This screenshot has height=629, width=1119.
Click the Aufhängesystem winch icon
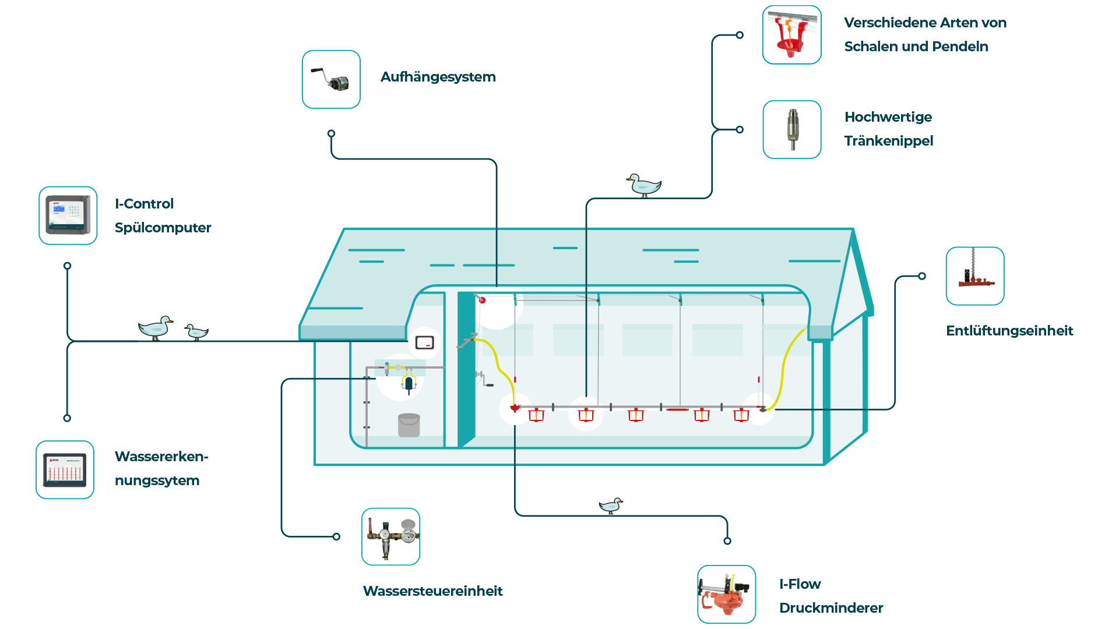pos(331,79)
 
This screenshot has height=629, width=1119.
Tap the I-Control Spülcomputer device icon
pos(68,215)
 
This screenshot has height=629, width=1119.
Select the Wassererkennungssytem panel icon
pos(65,469)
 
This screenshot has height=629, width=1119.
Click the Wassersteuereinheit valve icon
pos(390,536)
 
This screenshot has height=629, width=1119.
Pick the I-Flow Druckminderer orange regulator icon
pos(727,594)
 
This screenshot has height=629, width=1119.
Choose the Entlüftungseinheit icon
pos(975,276)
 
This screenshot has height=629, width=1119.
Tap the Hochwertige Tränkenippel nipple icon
pos(792,129)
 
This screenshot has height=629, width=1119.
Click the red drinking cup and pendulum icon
pos(792,35)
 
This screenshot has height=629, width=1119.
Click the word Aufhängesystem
pos(438,77)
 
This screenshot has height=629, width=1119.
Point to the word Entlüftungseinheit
pos(1009,331)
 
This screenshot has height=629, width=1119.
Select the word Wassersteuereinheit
pos(433,591)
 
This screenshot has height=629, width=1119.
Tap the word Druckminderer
pos(831,608)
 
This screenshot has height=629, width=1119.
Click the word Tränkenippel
pos(889,142)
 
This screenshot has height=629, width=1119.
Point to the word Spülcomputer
pos(163,228)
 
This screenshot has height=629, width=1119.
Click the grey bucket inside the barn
pos(409,425)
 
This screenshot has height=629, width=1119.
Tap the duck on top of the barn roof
pos(644,185)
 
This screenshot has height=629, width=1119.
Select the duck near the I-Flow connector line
pos(611,506)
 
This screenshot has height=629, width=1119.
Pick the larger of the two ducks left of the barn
pos(156,328)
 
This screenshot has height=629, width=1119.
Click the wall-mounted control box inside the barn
pos(425,342)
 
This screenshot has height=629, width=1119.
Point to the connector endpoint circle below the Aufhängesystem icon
pos(331,133)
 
